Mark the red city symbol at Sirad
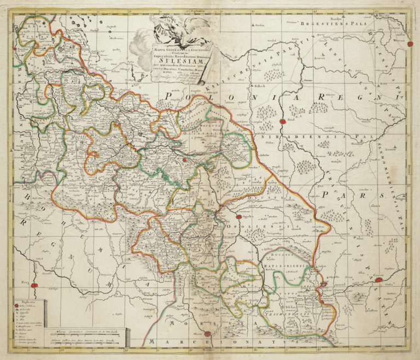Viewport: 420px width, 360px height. pos(282,122)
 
